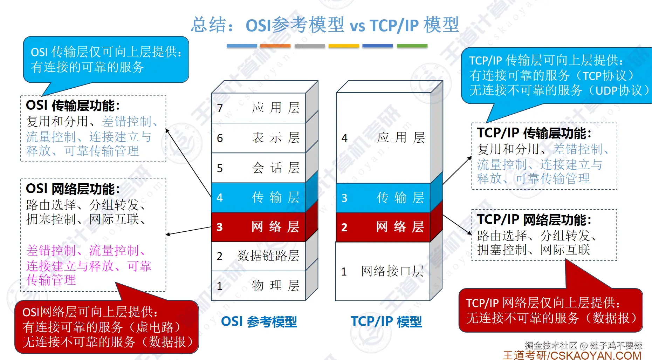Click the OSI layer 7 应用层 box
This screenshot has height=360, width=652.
click(259, 108)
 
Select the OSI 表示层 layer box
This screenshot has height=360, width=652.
click(259, 138)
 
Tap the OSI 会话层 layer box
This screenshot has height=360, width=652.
click(259, 168)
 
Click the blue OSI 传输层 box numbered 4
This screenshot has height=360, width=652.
click(259, 197)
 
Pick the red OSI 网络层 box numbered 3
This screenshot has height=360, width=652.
click(259, 227)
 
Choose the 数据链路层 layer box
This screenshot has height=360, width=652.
click(259, 256)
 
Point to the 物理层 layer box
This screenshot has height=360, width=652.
click(259, 286)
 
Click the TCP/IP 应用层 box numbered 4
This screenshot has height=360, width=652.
click(383, 137)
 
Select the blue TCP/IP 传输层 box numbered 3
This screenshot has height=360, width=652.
click(383, 198)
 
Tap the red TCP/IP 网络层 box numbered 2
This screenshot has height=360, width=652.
click(383, 227)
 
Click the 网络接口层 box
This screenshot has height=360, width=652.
click(383, 271)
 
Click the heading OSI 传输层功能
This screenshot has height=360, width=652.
click(73, 106)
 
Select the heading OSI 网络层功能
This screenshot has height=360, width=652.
click(73, 189)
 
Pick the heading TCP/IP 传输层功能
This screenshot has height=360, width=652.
click(534, 133)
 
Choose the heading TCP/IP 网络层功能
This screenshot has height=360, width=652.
click(534, 220)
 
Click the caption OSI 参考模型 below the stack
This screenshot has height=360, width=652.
click(259, 321)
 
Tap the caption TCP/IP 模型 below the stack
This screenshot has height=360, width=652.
click(386, 321)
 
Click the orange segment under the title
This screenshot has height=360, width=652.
click(275, 46)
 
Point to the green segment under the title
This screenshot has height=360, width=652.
click(412, 46)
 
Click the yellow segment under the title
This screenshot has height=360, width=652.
click(344, 46)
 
